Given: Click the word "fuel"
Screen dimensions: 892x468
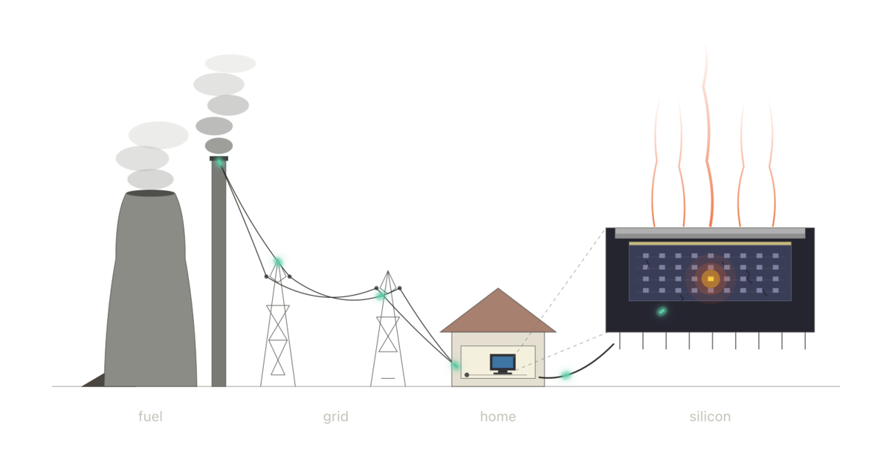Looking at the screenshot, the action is (x=150, y=417).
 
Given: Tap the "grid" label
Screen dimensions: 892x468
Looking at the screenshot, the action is (x=336, y=417).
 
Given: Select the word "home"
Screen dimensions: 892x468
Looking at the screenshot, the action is (x=498, y=417).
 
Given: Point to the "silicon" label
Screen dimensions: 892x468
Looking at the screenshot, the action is (x=710, y=417).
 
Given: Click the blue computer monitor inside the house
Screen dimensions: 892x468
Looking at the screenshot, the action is (x=503, y=363).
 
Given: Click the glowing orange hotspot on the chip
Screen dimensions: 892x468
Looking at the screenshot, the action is (x=711, y=279).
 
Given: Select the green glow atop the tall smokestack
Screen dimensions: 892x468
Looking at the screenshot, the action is (x=219, y=162).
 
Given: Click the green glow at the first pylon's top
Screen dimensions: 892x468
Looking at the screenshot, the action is (x=278, y=261).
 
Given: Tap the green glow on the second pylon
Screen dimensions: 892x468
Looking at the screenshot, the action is (x=381, y=296).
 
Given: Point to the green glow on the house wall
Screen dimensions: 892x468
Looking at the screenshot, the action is (x=456, y=365).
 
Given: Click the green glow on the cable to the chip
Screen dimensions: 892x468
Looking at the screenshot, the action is (x=566, y=375).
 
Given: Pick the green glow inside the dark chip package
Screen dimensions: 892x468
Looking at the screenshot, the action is (x=662, y=311).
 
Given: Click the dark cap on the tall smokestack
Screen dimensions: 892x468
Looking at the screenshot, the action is (x=219, y=158).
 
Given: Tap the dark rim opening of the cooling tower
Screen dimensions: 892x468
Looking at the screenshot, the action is (x=150, y=193).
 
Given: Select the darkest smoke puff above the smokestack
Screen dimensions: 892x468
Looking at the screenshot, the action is (x=219, y=146).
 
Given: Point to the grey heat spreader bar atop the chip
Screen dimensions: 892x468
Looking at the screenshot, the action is (x=710, y=233).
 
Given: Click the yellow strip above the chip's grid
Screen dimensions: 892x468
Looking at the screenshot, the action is (x=710, y=244).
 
